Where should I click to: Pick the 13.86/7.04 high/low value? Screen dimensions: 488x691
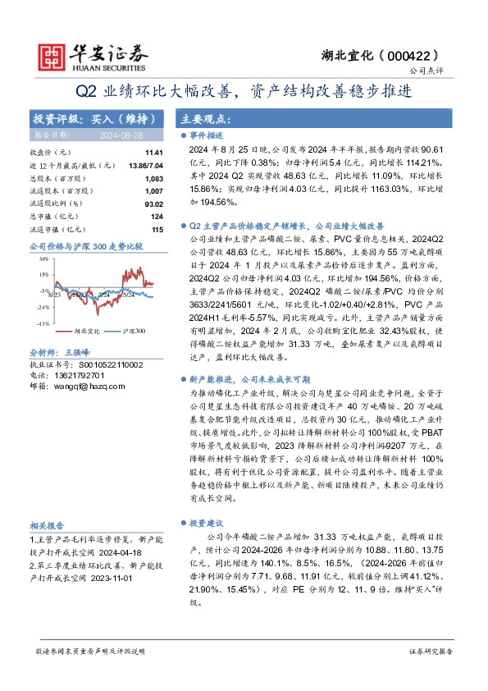tap(146, 165)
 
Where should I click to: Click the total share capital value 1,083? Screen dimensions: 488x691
tap(153, 178)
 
